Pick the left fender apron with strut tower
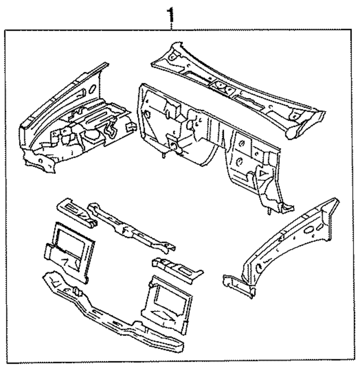point(72,122)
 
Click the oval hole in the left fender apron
point(91,88)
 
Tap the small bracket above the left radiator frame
point(76,212)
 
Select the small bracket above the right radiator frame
point(176,268)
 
